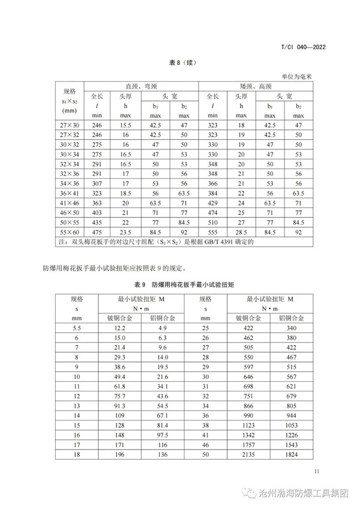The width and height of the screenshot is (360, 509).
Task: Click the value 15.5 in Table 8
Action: tap(125, 125)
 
